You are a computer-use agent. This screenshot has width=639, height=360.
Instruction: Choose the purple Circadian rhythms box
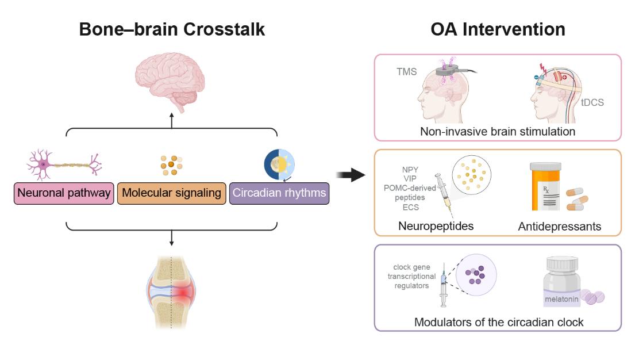pos(279,193)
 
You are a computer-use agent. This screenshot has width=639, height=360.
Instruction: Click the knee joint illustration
pos(171,291)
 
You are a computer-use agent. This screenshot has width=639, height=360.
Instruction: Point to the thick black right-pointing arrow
pos(352,174)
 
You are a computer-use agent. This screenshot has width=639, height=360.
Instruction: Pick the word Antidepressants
pos(560,227)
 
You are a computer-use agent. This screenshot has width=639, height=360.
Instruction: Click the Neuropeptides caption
pos(436,226)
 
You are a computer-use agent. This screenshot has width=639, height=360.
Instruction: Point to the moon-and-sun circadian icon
pos(279,164)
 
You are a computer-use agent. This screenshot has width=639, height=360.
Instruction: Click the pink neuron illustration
pos(63,166)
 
